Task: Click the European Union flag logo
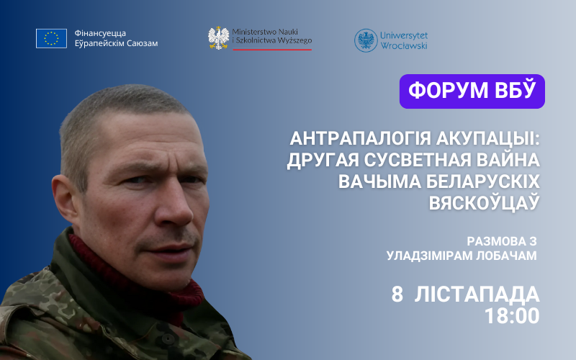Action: click(51, 38)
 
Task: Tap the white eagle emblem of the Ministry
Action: click(219, 38)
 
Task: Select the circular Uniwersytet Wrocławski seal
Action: click(366, 40)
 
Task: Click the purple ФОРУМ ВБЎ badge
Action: click(472, 91)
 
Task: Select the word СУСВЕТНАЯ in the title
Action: click(418, 160)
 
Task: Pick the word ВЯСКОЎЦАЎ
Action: click(484, 202)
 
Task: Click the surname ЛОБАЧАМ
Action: click(506, 256)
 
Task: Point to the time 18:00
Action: click(512, 316)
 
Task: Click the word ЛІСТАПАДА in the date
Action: click(477, 294)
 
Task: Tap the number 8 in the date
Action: click(397, 294)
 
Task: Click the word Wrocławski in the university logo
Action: click(404, 45)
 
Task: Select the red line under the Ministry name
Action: click(272, 49)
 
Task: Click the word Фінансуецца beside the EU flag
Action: click(100, 33)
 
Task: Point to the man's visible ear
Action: click(63, 199)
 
